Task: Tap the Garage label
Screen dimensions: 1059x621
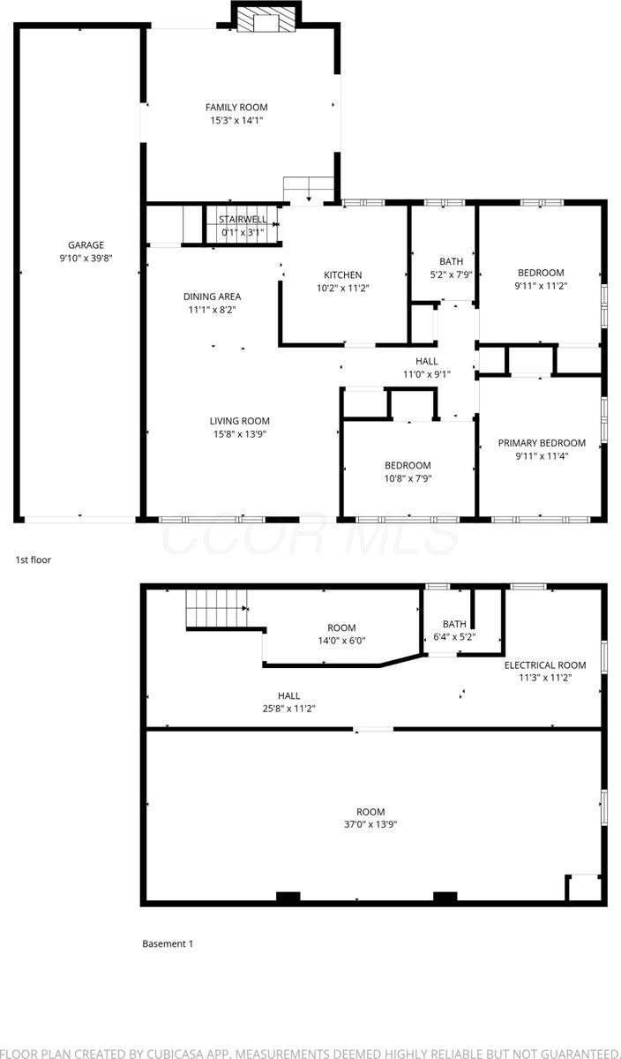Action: pos(86,245)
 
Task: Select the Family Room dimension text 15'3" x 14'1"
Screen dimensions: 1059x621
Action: pos(236,121)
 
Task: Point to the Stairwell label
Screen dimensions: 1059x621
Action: pos(242,219)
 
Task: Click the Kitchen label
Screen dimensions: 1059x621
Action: pos(342,275)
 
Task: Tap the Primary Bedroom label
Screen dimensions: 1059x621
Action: pos(542,443)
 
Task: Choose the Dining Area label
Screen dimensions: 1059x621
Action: pos(212,297)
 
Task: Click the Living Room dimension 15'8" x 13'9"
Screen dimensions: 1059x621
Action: pos(239,434)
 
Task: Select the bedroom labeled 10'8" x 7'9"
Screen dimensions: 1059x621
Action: pos(408,472)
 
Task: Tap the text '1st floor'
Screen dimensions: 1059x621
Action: pos(34,560)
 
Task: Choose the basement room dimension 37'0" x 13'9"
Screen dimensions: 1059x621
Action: pos(370,824)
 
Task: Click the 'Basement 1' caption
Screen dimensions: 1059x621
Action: pos(168,943)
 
